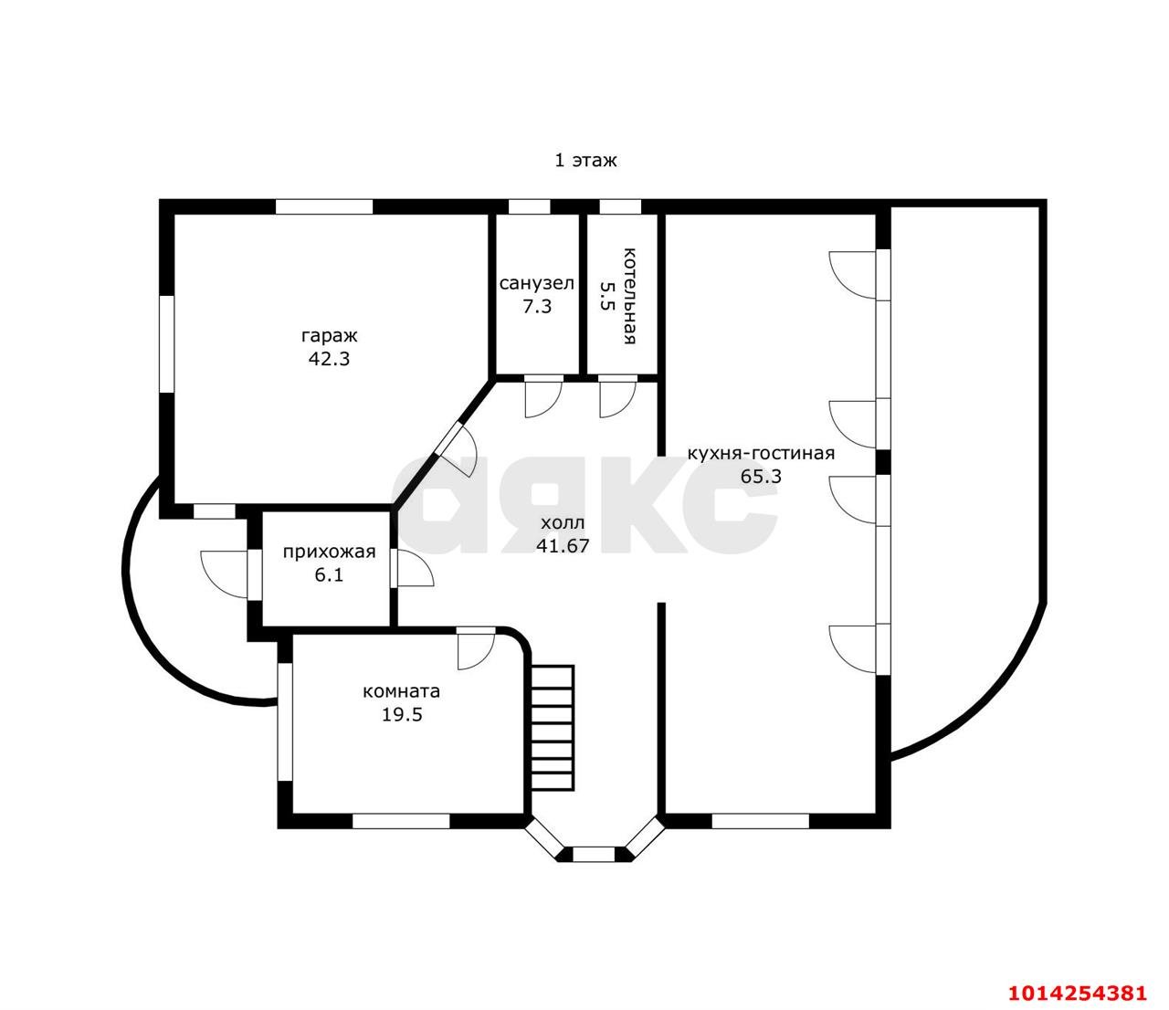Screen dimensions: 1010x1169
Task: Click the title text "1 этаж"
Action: point(585,161)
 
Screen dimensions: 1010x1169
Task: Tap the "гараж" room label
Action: point(329,335)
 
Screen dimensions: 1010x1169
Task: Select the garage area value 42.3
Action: point(329,359)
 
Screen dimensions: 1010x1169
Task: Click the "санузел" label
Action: point(536,283)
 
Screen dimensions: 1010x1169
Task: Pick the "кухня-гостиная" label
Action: point(761,453)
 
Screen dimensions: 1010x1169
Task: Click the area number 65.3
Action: point(761,476)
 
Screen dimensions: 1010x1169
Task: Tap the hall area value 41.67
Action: point(563,546)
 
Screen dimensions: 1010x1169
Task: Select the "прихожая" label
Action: point(329,552)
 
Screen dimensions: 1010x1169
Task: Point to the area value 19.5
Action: point(402,714)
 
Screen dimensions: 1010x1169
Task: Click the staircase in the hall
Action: point(552,727)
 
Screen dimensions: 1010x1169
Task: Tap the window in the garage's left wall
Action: point(166,343)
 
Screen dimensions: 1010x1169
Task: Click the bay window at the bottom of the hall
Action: point(594,854)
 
